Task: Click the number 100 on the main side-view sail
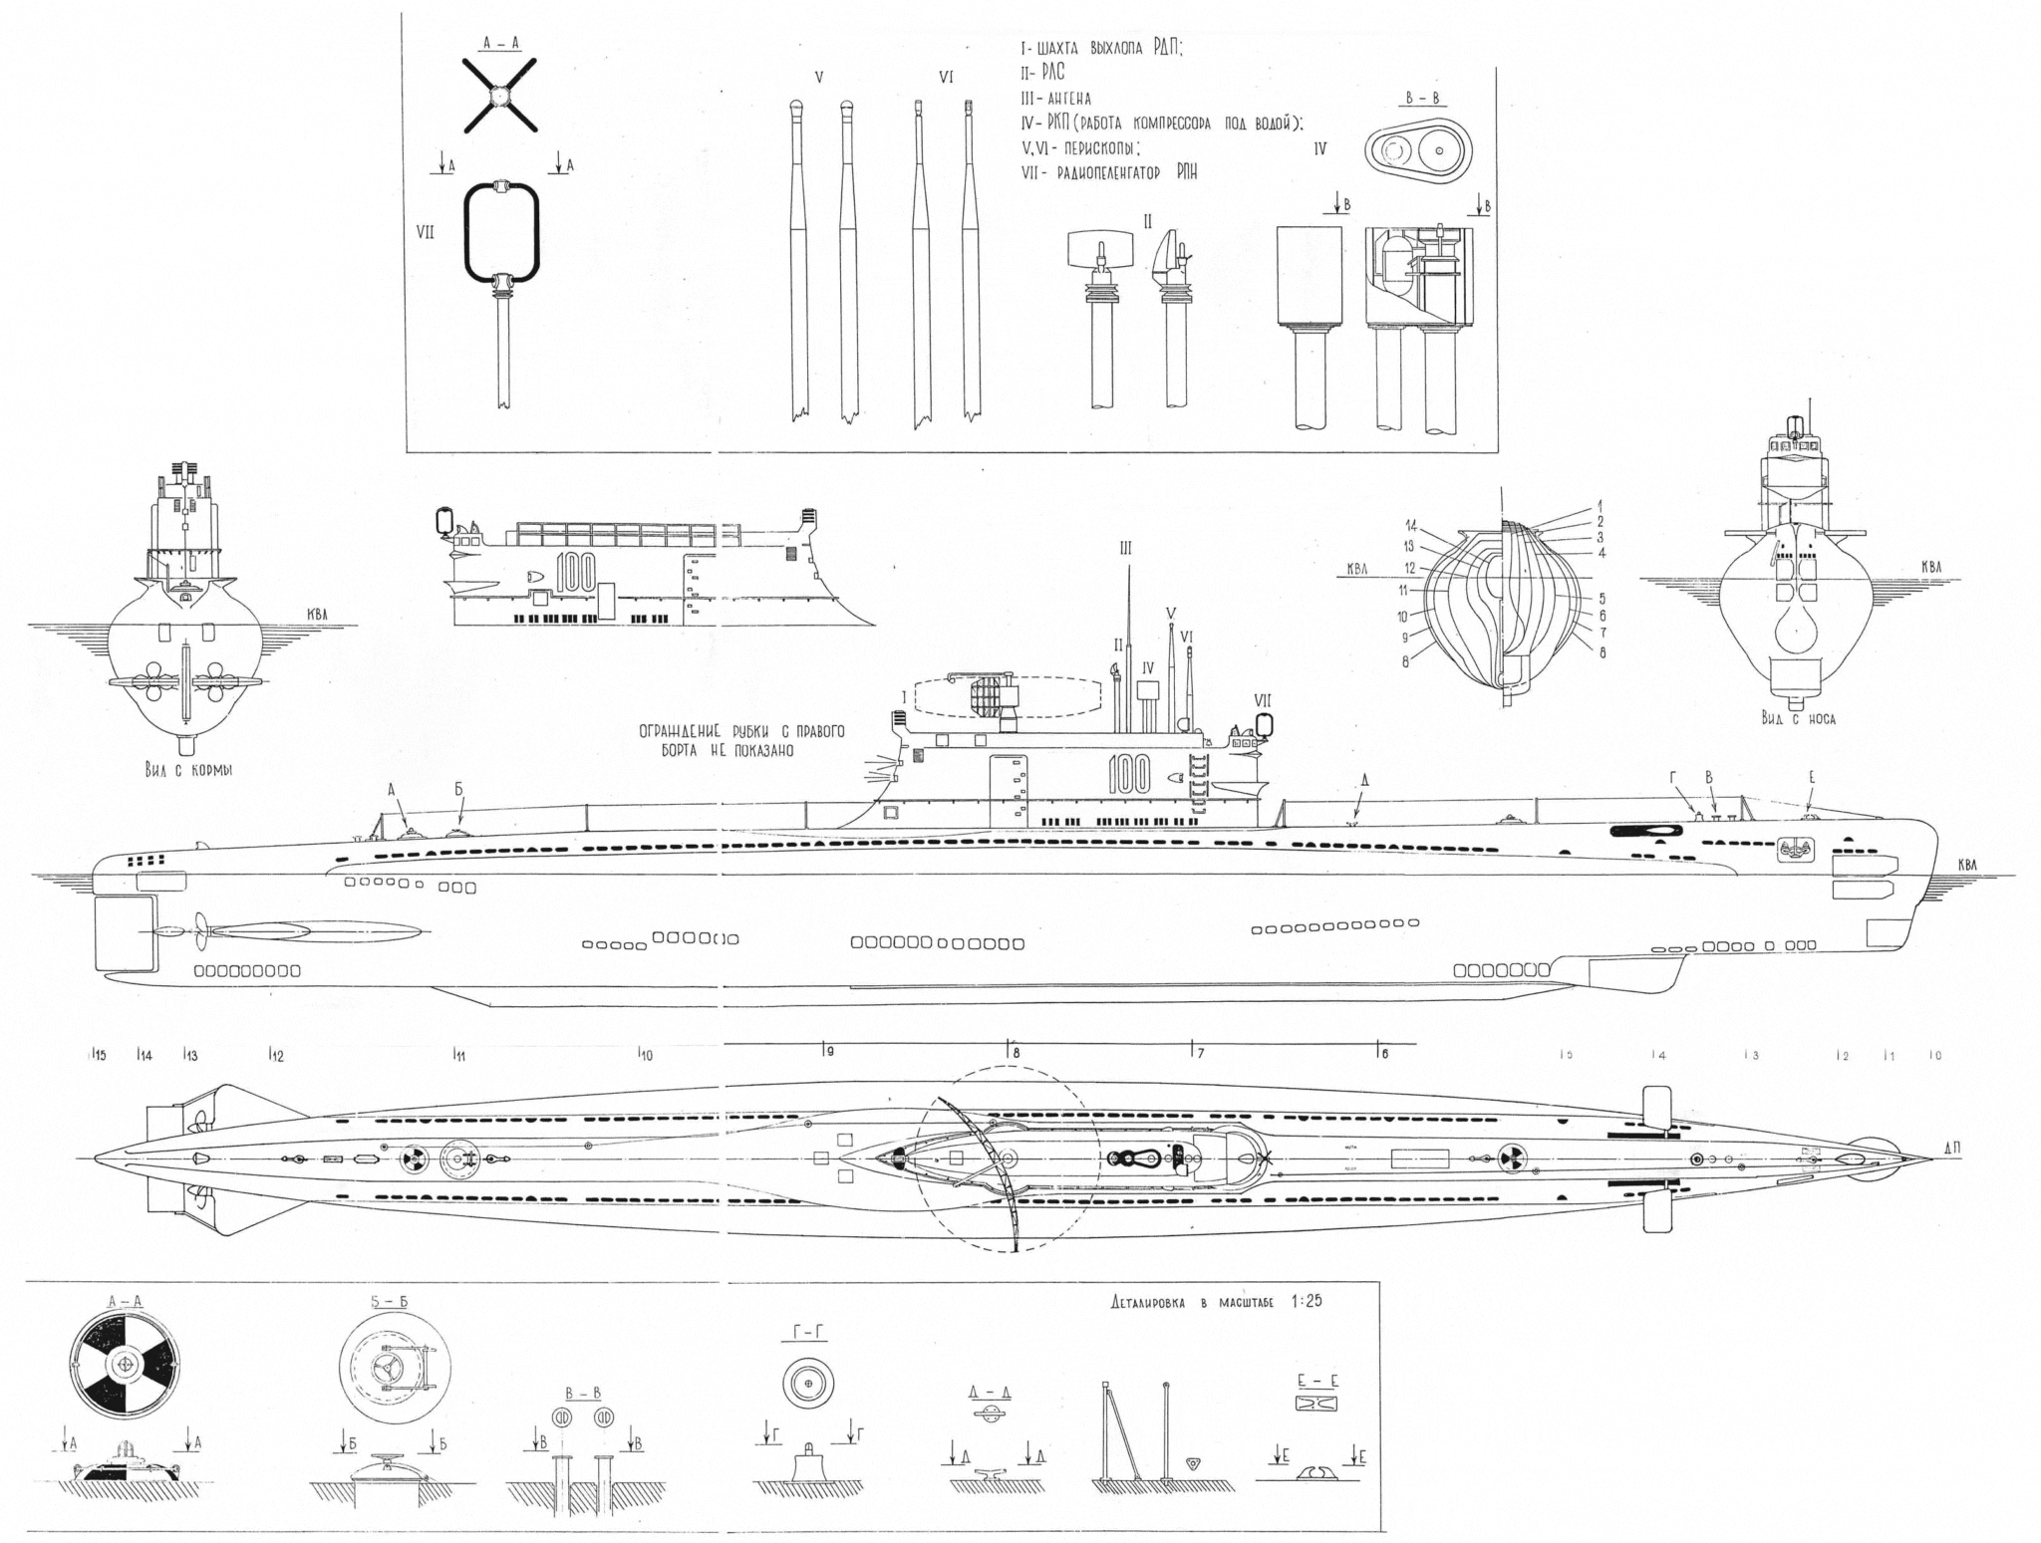[x=1128, y=774]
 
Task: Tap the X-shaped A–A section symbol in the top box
[x=499, y=96]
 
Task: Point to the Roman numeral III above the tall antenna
[x=1126, y=549]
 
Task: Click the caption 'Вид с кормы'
[x=188, y=768]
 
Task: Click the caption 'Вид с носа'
[x=1799, y=717]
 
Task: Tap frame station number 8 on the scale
[x=1016, y=1052]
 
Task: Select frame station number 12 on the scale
[x=277, y=1056]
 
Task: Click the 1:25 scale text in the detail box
[x=1304, y=1301]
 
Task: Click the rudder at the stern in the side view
[x=124, y=932]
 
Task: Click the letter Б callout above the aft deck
[x=459, y=790]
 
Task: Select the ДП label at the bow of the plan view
[x=1952, y=1148]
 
